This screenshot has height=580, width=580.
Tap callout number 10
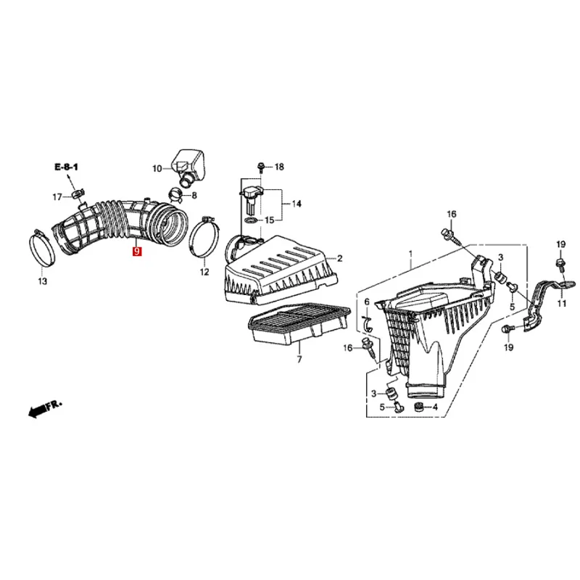[x=157, y=169]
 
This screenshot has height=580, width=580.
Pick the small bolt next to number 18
[x=260, y=167]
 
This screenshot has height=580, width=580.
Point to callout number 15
[x=269, y=220]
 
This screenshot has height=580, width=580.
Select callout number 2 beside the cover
[x=339, y=258]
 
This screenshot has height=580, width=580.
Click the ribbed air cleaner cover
[x=283, y=268]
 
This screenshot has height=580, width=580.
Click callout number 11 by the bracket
[x=561, y=303]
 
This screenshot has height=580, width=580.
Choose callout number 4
[x=434, y=407]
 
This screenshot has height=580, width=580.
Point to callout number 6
[x=367, y=301]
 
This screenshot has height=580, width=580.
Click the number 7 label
[x=298, y=359]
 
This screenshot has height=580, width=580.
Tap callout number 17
[x=57, y=197]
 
